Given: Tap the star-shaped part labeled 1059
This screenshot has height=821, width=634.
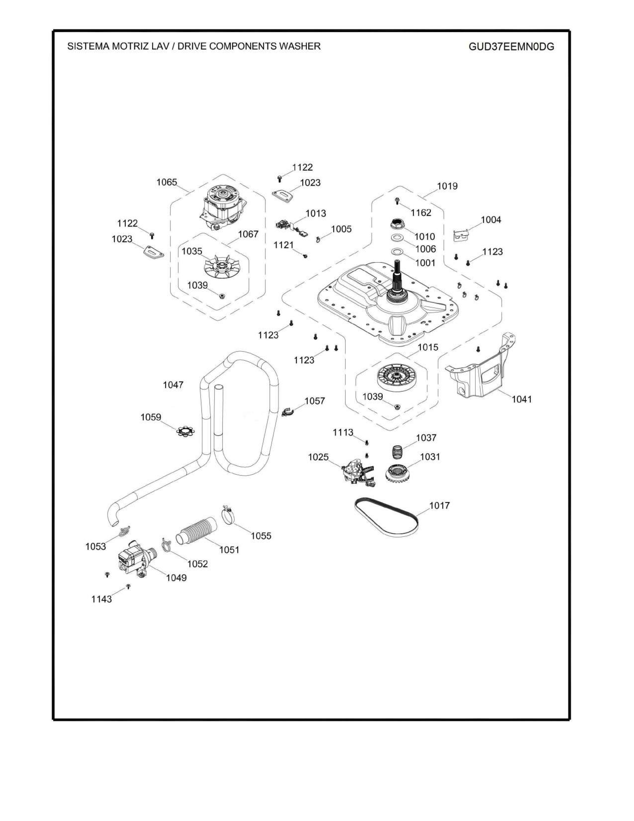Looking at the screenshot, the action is pyautogui.click(x=185, y=431).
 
